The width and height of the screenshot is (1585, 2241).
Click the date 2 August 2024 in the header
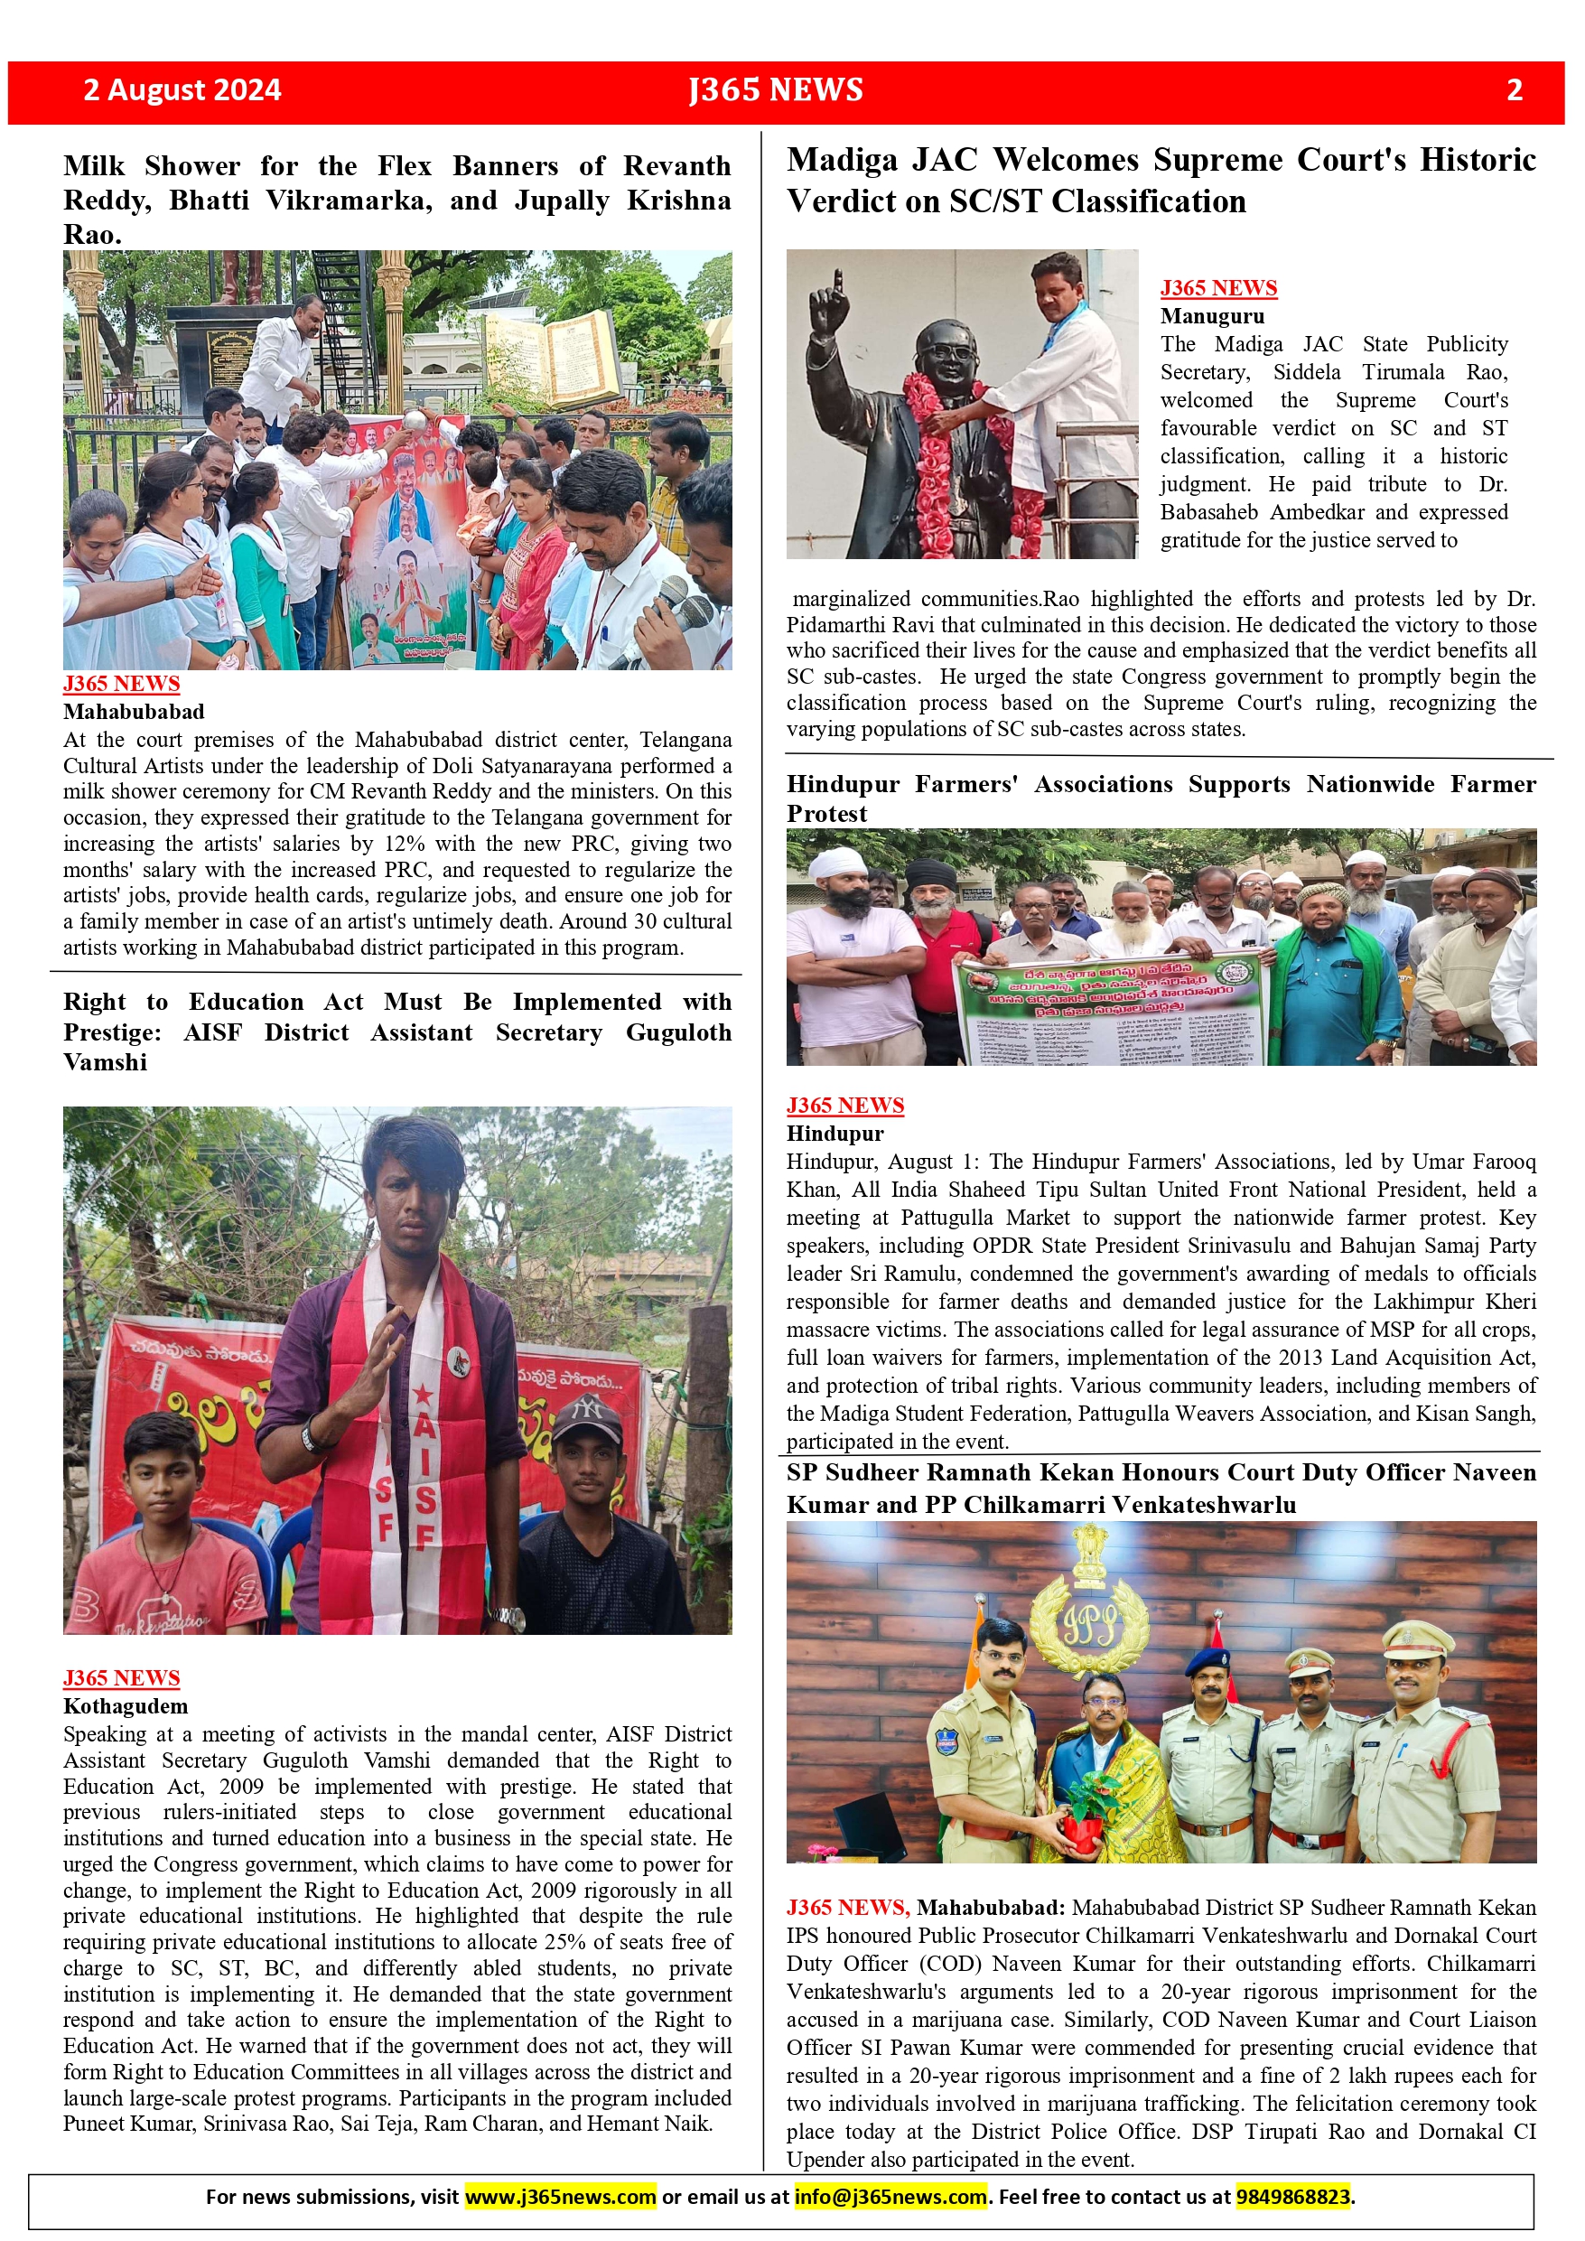tap(182, 89)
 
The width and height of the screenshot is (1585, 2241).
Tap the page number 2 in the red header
tap(1514, 89)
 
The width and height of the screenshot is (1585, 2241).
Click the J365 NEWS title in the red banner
tap(776, 89)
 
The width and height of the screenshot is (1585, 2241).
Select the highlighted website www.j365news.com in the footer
tap(560, 2196)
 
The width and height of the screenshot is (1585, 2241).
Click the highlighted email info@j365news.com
tap(890, 2196)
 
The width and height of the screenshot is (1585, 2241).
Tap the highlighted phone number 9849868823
tap(1293, 2196)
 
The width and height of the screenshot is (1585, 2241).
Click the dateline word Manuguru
tap(1212, 316)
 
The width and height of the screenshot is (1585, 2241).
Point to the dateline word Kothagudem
tap(126, 1705)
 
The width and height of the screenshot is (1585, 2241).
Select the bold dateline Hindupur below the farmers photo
tap(835, 1134)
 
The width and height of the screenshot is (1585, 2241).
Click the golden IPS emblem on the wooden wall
tap(1089, 1621)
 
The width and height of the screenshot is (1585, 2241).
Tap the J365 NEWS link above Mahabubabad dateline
tap(122, 683)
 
